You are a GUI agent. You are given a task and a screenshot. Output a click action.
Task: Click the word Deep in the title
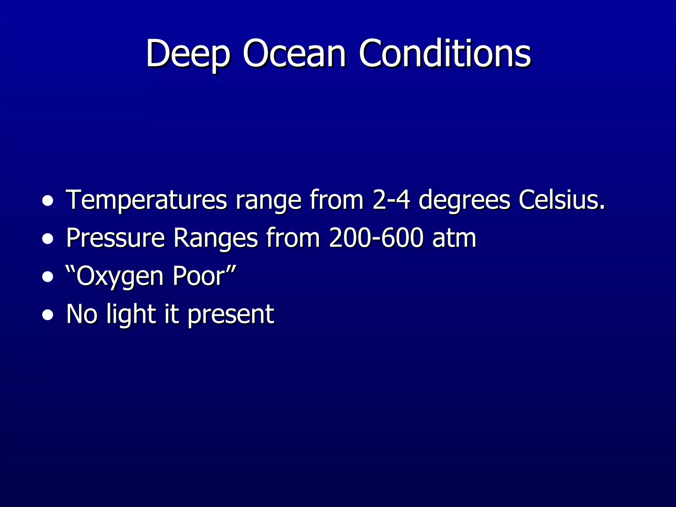[x=187, y=53]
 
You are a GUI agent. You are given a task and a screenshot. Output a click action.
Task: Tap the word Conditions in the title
[x=445, y=53]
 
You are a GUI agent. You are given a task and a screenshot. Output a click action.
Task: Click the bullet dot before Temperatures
[x=48, y=201]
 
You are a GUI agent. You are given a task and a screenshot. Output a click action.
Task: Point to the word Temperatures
[x=147, y=200]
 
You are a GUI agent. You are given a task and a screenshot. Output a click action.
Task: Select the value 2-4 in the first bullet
[x=391, y=200]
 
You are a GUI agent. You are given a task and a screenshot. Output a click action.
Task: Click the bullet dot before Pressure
[x=48, y=239]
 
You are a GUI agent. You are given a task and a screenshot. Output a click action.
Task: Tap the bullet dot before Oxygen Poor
[x=48, y=277]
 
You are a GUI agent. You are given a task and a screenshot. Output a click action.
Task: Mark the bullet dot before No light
[x=48, y=315]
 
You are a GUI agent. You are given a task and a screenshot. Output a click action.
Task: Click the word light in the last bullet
[x=131, y=315]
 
